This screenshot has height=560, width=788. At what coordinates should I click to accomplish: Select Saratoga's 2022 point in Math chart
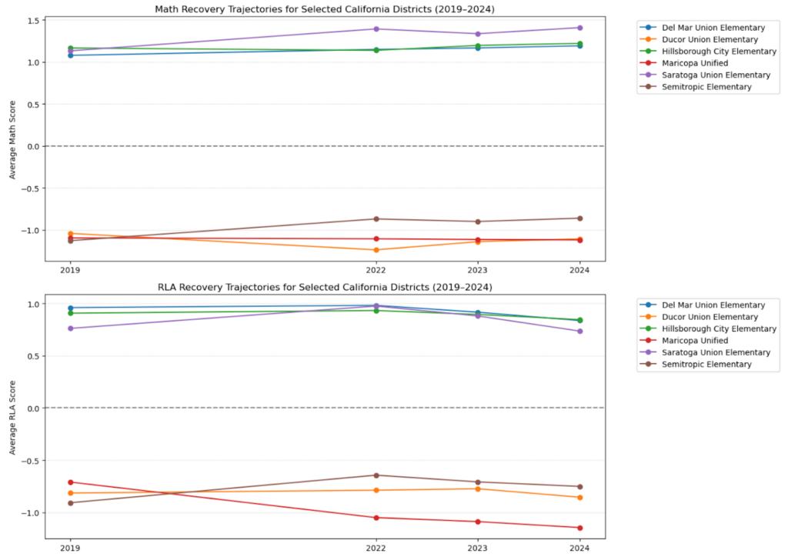tap(376, 29)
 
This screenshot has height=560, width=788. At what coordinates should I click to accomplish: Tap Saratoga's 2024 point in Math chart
tap(579, 28)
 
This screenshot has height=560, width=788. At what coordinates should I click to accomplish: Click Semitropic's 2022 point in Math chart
tap(376, 219)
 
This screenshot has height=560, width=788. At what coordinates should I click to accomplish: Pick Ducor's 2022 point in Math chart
tap(376, 250)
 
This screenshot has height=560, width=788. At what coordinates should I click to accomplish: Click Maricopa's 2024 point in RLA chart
tap(579, 528)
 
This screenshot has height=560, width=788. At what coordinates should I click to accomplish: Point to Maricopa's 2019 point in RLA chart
tap(71, 482)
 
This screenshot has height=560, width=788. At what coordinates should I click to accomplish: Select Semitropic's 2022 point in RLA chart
tap(376, 475)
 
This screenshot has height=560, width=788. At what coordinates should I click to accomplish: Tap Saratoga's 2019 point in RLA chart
tap(71, 328)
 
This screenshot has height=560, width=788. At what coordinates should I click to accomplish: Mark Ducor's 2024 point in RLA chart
tap(579, 498)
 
